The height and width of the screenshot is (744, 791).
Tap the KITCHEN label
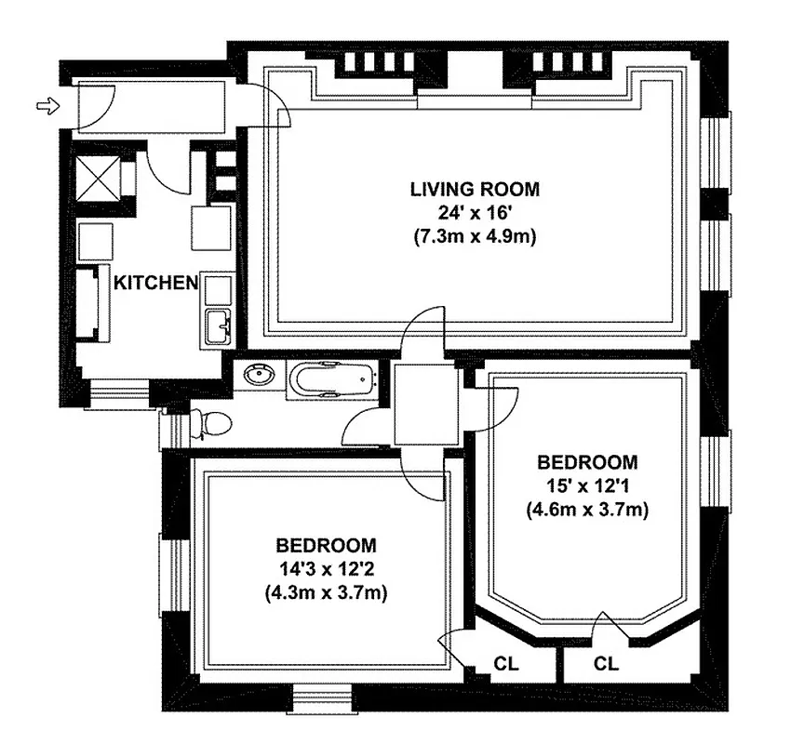(x=155, y=282)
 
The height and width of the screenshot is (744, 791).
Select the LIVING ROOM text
(x=475, y=190)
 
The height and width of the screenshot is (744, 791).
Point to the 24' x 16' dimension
(x=475, y=213)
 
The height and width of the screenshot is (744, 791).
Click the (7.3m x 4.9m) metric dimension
(x=475, y=236)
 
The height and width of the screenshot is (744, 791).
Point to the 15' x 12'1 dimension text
(x=587, y=485)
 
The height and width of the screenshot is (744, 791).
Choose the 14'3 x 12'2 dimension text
(x=326, y=568)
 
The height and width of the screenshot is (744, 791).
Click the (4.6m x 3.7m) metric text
(x=587, y=509)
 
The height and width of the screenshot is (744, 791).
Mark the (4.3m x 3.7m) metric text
(x=326, y=591)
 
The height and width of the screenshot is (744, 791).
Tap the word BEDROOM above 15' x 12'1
(x=587, y=462)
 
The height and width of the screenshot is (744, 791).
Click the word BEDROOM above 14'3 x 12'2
(x=326, y=545)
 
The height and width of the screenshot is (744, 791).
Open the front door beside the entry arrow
(x=97, y=106)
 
